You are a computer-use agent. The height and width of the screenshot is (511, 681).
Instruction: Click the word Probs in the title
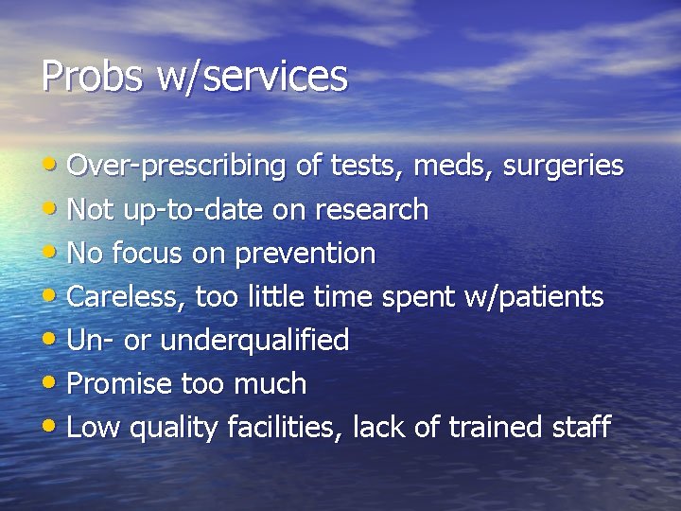pos(92,77)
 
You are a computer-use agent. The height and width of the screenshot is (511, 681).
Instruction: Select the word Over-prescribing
pos(178,167)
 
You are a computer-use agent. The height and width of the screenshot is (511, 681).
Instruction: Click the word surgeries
pos(563,167)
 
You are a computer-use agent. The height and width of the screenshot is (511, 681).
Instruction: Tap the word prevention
pos(305,254)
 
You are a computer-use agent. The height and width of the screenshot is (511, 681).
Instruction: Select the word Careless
pos(127,297)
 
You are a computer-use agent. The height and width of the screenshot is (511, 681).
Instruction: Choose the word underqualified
pos(254,341)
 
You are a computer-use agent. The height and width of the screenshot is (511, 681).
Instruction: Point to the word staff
pos(581,428)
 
